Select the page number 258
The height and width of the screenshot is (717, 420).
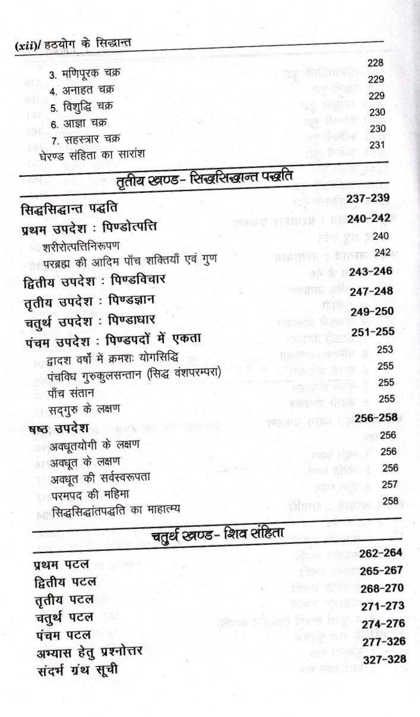coord(390,501)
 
